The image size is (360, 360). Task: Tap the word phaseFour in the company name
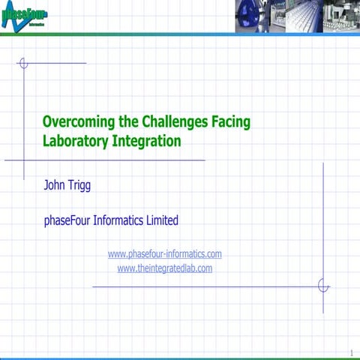[x=72, y=220]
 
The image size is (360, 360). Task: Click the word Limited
[x=163, y=220]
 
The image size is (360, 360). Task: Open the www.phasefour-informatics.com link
[x=165, y=254]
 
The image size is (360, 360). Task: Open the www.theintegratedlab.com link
[x=165, y=268]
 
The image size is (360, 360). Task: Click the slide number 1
[x=351, y=352]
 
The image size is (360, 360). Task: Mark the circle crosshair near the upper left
[x=23, y=63]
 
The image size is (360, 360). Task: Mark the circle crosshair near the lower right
[x=323, y=286]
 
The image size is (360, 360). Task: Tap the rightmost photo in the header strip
[x=341, y=16]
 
